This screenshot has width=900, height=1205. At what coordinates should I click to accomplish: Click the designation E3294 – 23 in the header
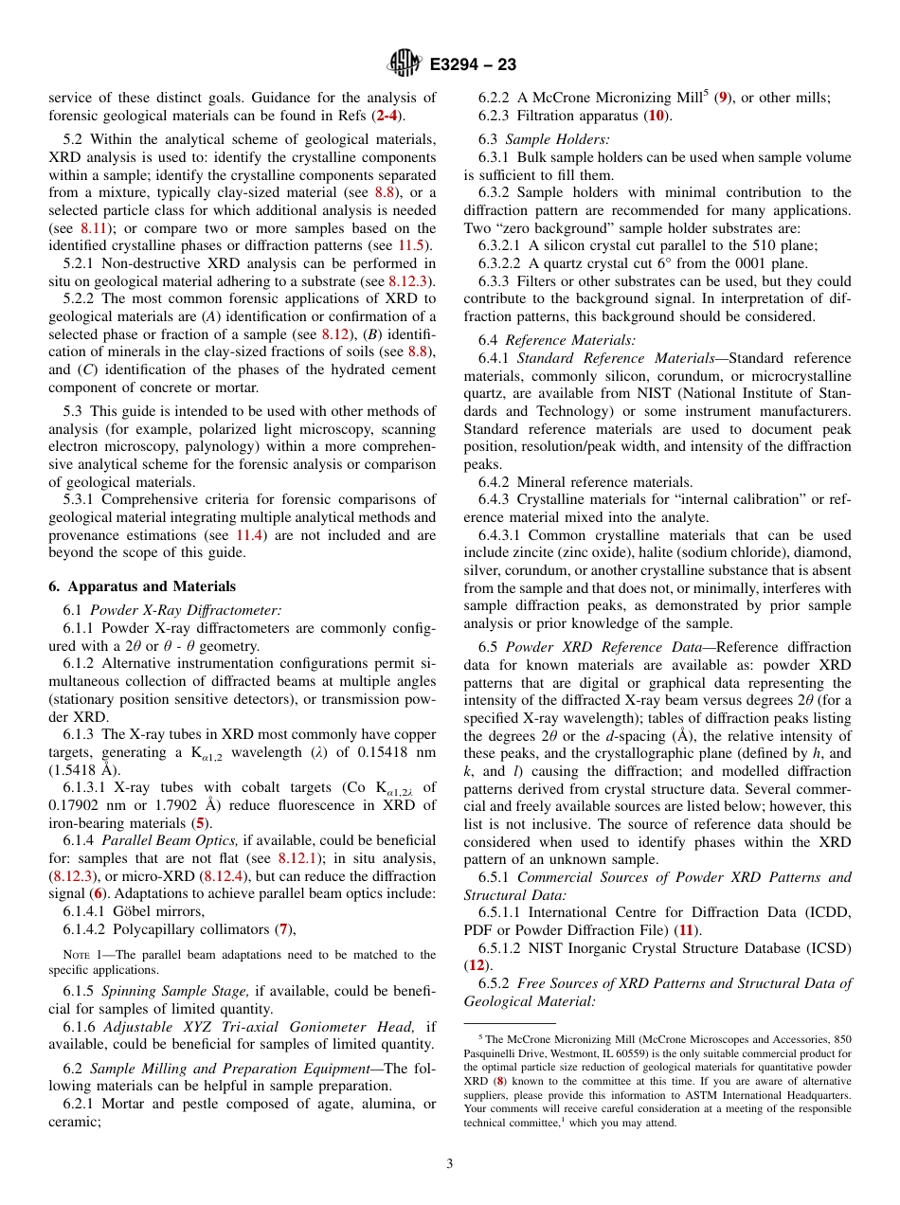pos(473,65)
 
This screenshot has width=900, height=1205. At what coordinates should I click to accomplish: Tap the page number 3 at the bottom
pos(450,1164)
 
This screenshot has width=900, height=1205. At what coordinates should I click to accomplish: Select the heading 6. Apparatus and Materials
pos(142,585)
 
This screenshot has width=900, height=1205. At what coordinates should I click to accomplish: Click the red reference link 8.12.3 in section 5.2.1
pos(411,281)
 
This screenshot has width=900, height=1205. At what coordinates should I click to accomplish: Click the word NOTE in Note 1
pos(76,955)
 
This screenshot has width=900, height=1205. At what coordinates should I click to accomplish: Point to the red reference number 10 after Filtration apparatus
pos(655,116)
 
